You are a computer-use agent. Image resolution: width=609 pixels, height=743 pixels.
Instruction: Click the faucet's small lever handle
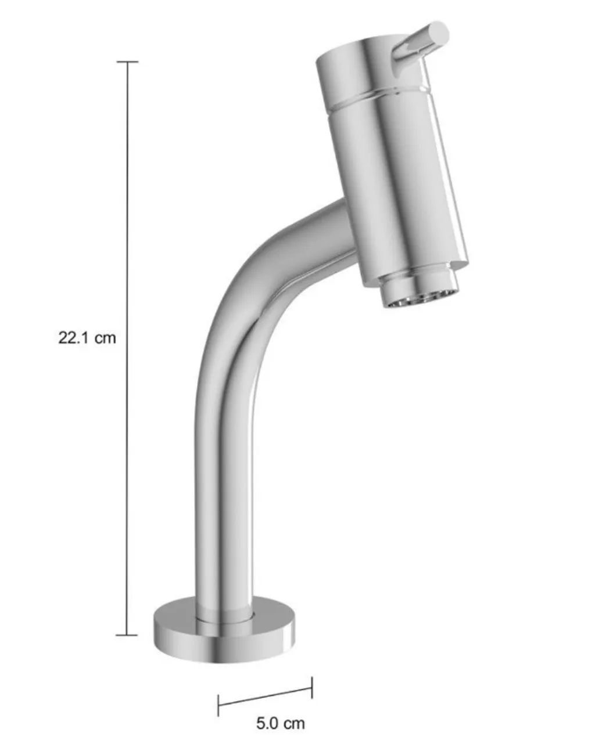click(x=420, y=46)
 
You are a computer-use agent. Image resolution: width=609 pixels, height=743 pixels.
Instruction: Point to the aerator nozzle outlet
click(x=420, y=297)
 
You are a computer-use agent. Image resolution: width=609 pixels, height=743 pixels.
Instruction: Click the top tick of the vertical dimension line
click(x=127, y=62)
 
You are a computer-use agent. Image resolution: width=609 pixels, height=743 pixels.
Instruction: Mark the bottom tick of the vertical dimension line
click(x=127, y=635)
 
